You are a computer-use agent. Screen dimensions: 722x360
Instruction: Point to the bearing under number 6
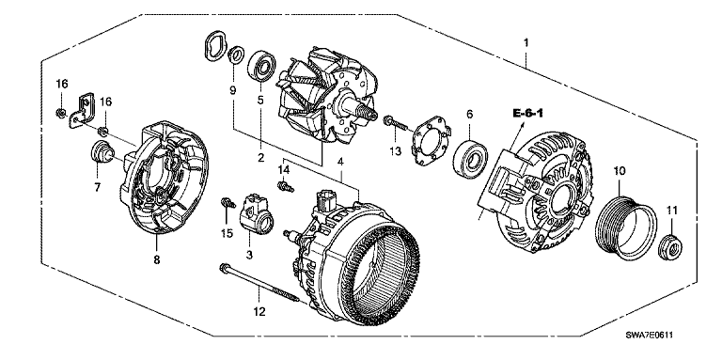(x=469, y=156)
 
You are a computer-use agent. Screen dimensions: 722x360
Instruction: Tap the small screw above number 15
(x=226, y=203)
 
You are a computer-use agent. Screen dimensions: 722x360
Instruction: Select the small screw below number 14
(x=285, y=186)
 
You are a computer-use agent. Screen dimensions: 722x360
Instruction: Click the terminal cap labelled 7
(x=100, y=152)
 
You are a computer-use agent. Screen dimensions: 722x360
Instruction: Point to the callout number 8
(x=157, y=260)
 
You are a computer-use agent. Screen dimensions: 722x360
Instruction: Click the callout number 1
(x=526, y=43)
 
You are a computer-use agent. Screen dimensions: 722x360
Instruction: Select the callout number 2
(x=261, y=158)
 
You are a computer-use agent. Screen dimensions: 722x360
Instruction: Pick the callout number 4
(x=340, y=162)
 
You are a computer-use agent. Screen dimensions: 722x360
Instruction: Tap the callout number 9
(x=232, y=90)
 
